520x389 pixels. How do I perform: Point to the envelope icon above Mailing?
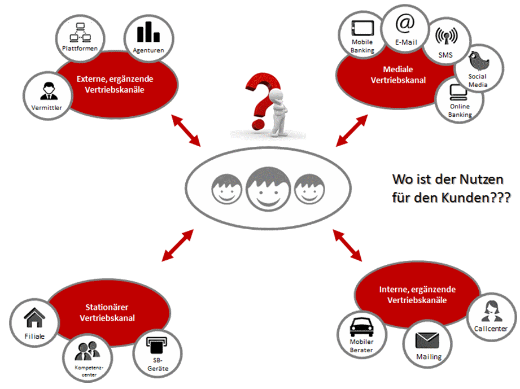428,339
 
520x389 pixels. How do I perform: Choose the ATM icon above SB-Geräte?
153,344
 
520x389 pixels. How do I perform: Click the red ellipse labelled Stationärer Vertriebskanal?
111,314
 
